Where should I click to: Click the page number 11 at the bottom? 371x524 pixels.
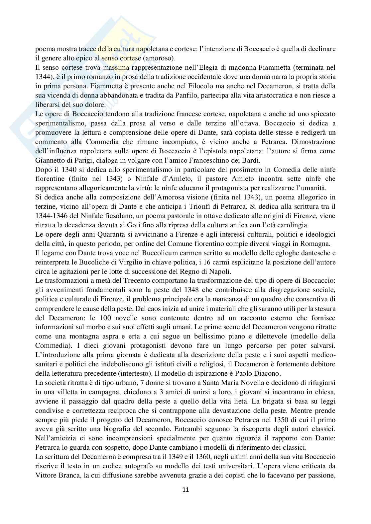[185, 489]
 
